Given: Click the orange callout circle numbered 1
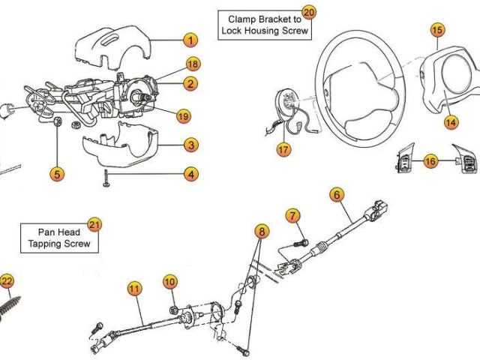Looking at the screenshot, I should [190, 40].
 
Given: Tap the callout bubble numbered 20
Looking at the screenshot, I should [309, 12].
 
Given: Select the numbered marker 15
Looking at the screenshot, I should [437, 30].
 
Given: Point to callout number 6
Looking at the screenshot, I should [337, 195].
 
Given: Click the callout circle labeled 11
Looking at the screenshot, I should [134, 288].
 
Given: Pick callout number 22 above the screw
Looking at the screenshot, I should [7, 281].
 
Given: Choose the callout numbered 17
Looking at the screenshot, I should [283, 149].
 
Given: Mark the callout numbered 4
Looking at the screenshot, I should [191, 174].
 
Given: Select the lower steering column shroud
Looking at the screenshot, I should [120, 146].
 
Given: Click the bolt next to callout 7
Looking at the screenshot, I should [301, 241].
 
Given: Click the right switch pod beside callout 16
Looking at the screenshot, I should [462, 159].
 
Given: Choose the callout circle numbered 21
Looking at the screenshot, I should [94, 224].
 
